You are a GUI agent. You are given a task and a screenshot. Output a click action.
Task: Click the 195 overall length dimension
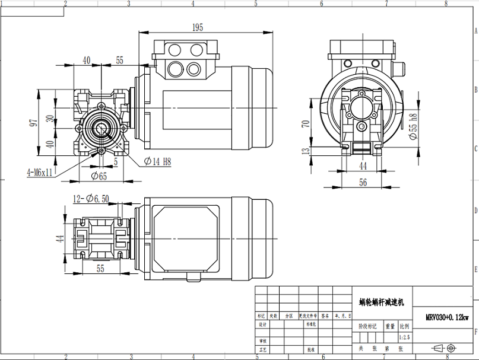[x=198, y=27]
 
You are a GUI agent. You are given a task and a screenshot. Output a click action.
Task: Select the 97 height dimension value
[x=34, y=122]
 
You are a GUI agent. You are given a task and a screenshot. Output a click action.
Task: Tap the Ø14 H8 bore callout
[x=158, y=161]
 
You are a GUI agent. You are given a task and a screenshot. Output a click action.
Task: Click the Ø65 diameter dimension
[x=99, y=175]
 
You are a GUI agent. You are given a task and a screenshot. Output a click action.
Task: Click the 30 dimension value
[x=50, y=120]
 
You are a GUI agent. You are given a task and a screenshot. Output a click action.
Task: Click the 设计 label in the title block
[x=262, y=325]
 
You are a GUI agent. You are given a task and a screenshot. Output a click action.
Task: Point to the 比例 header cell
[x=404, y=326]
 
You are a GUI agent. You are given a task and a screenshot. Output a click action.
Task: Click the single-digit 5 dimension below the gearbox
[x=116, y=161]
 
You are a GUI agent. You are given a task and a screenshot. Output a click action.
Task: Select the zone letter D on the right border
[x=475, y=211]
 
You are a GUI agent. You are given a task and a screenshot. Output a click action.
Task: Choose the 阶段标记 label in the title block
[x=368, y=326]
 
